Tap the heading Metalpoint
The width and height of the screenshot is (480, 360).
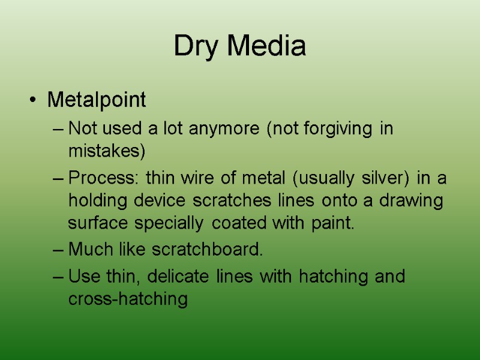(97, 100)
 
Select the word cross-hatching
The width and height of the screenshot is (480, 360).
(128, 299)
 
